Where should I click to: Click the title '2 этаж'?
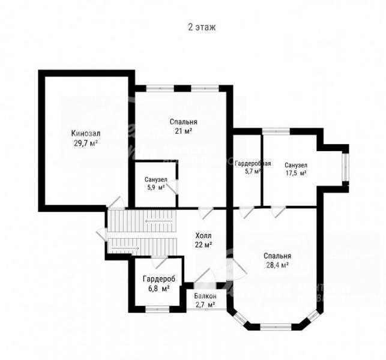click(202, 27)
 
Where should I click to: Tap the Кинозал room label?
click(86, 133)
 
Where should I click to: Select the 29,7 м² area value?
click(86, 143)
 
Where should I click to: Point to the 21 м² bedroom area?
click(184, 131)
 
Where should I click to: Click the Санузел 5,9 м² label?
click(156, 184)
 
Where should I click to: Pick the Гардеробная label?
click(253, 163)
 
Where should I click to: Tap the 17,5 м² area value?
click(296, 173)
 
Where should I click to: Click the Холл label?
click(204, 236)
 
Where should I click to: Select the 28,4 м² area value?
click(277, 265)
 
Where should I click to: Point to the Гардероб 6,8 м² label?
click(159, 283)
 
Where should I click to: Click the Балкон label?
click(205, 296)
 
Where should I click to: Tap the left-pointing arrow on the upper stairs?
click(158, 221)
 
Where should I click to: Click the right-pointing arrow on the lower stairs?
click(125, 248)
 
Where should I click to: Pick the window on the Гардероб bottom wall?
click(157, 309)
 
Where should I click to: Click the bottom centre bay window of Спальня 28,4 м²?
click(276, 327)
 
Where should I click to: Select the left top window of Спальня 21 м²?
click(160, 88)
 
